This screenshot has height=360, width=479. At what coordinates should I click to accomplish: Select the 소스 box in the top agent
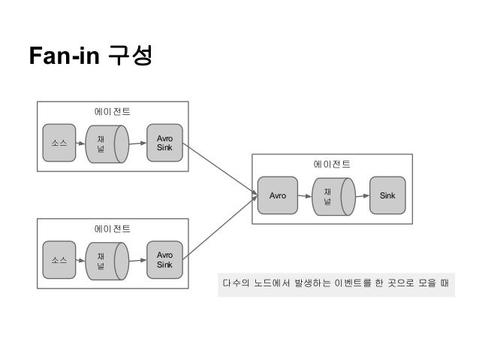click(59, 143)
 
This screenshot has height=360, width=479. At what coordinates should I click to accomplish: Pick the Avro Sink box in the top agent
click(164, 143)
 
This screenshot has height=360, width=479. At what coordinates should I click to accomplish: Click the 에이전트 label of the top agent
click(112, 111)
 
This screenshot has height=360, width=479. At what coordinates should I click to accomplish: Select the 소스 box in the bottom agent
click(59, 260)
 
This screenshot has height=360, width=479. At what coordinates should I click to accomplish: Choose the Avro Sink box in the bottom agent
click(164, 260)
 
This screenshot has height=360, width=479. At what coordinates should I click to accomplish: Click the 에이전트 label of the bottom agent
click(112, 228)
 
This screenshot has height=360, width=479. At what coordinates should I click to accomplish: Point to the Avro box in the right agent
click(276, 195)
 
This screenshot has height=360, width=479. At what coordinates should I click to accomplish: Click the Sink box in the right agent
click(387, 195)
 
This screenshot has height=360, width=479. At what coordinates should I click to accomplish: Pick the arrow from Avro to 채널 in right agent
click(304, 195)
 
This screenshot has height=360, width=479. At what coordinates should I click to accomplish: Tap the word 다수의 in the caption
click(234, 285)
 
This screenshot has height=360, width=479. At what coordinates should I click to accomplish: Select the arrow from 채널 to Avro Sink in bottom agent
click(136, 260)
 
